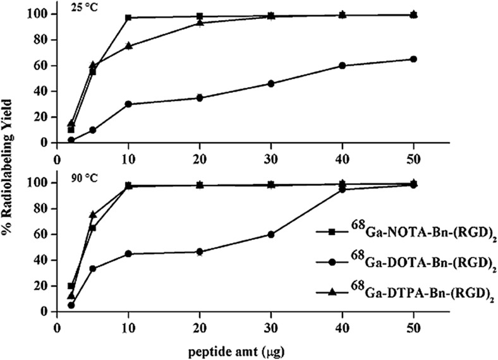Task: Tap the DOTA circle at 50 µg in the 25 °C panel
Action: pos(413,59)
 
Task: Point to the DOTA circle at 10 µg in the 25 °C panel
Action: pos(128,104)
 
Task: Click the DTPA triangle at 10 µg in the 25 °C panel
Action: pos(128,45)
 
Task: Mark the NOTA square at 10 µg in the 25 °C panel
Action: pos(128,17)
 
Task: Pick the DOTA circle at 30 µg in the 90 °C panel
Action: pos(271,234)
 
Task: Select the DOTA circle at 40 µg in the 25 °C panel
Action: pos(342,66)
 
